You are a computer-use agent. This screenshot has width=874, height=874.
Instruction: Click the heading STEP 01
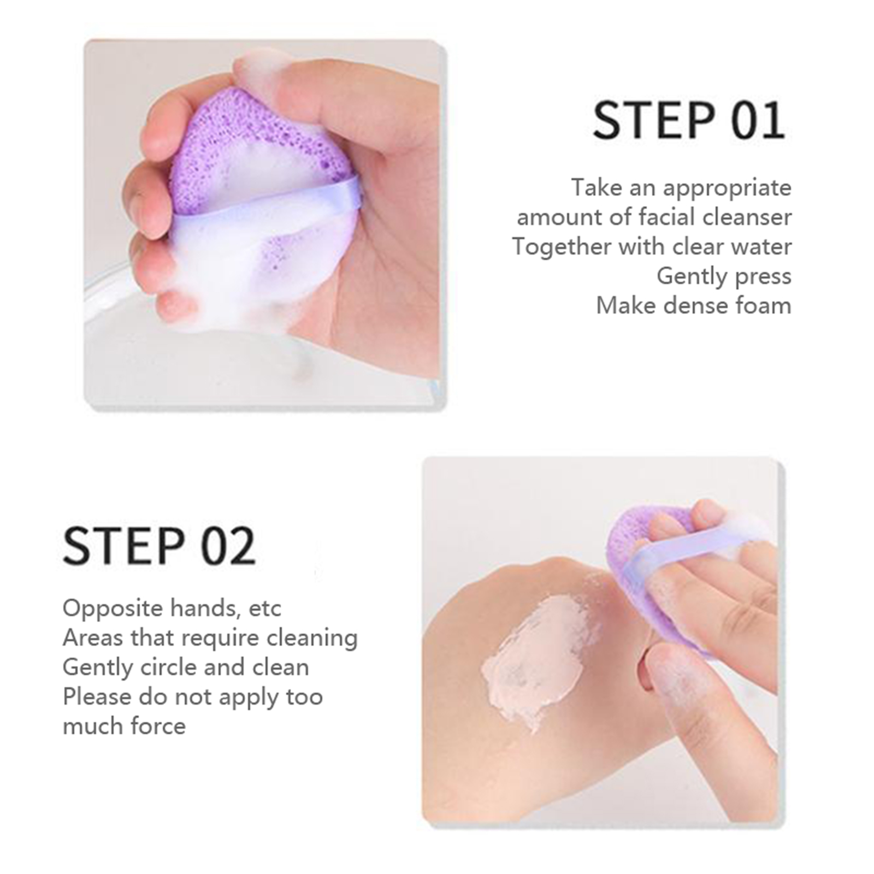point(689,120)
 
